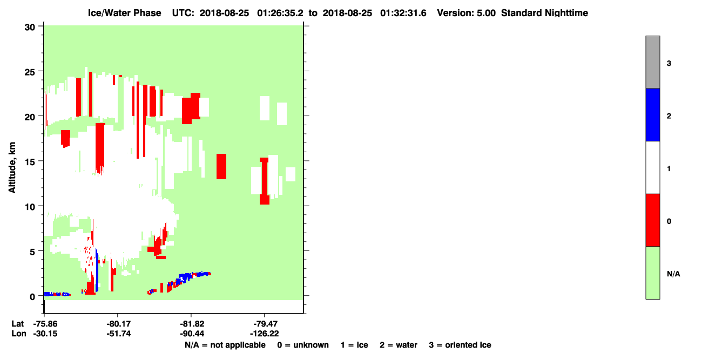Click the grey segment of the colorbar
tap(652, 62)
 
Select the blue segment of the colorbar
tap(652, 114)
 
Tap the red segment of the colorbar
tap(652, 220)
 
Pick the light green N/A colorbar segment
tap(652, 273)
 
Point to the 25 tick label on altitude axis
tap(30, 72)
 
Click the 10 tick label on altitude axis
tap(30, 207)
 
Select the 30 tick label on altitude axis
tap(30, 28)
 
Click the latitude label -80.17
tap(118, 324)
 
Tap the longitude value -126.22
tap(264, 334)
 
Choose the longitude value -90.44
tap(192, 334)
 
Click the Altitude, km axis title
tap(12, 167)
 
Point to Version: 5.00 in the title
tap(467, 13)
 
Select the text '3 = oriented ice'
tap(460, 345)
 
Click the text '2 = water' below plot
tap(399, 345)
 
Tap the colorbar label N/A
tap(673, 274)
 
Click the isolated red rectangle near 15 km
tap(221, 166)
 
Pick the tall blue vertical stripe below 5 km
tap(97, 270)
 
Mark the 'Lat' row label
tap(17, 324)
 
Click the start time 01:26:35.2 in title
tap(280, 13)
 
